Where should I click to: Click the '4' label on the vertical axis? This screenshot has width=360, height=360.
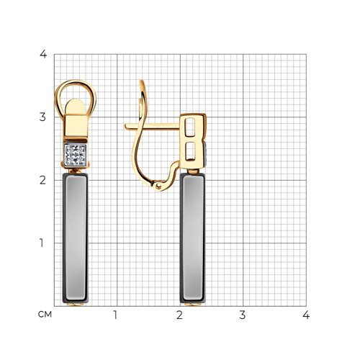(43, 54)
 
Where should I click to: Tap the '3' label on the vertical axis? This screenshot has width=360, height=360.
(42, 117)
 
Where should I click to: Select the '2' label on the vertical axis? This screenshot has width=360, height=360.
(42, 180)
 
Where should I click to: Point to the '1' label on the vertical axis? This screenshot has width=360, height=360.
(42, 243)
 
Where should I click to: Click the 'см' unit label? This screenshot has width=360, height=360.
(45, 314)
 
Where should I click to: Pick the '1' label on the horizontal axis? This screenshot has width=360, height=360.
(116, 315)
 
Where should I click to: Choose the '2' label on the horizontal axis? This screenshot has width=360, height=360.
(179, 315)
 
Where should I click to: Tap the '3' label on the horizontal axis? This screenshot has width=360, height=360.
(243, 315)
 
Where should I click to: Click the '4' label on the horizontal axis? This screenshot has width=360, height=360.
(306, 315)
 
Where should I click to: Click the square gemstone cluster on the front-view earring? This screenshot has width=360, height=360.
(76, 155)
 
